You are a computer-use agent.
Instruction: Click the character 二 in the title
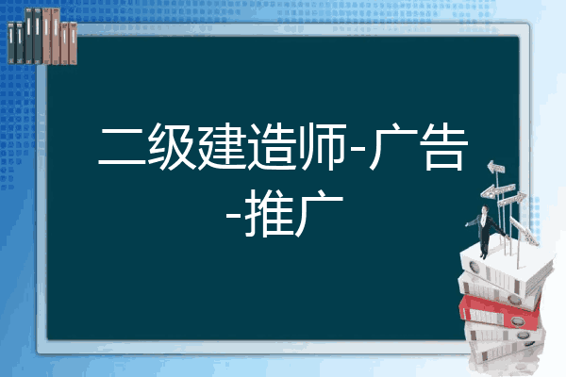tap(122, 146)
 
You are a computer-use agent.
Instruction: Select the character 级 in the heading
tap(172, 146)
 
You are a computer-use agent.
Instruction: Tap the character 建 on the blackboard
tap(222, 146)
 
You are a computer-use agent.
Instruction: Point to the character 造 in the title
tap(272, 146)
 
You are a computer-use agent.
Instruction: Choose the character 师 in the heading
tap(323, 146)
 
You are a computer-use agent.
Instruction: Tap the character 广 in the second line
tap(319, 213)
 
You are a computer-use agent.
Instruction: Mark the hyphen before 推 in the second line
tap(234, 215)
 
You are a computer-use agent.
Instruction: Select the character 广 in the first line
tap(393, 146)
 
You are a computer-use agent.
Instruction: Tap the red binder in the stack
tap(500, 312)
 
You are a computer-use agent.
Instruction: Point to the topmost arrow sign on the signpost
tap(496, 168)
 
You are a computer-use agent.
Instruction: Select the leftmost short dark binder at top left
tap(11, 42)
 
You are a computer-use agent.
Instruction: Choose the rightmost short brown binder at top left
tap(73, 43)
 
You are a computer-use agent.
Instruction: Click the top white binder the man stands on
tap(506, 267)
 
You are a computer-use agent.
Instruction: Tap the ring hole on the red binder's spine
tap(517, 321)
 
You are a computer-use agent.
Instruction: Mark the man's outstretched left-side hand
tap(467, 224)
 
